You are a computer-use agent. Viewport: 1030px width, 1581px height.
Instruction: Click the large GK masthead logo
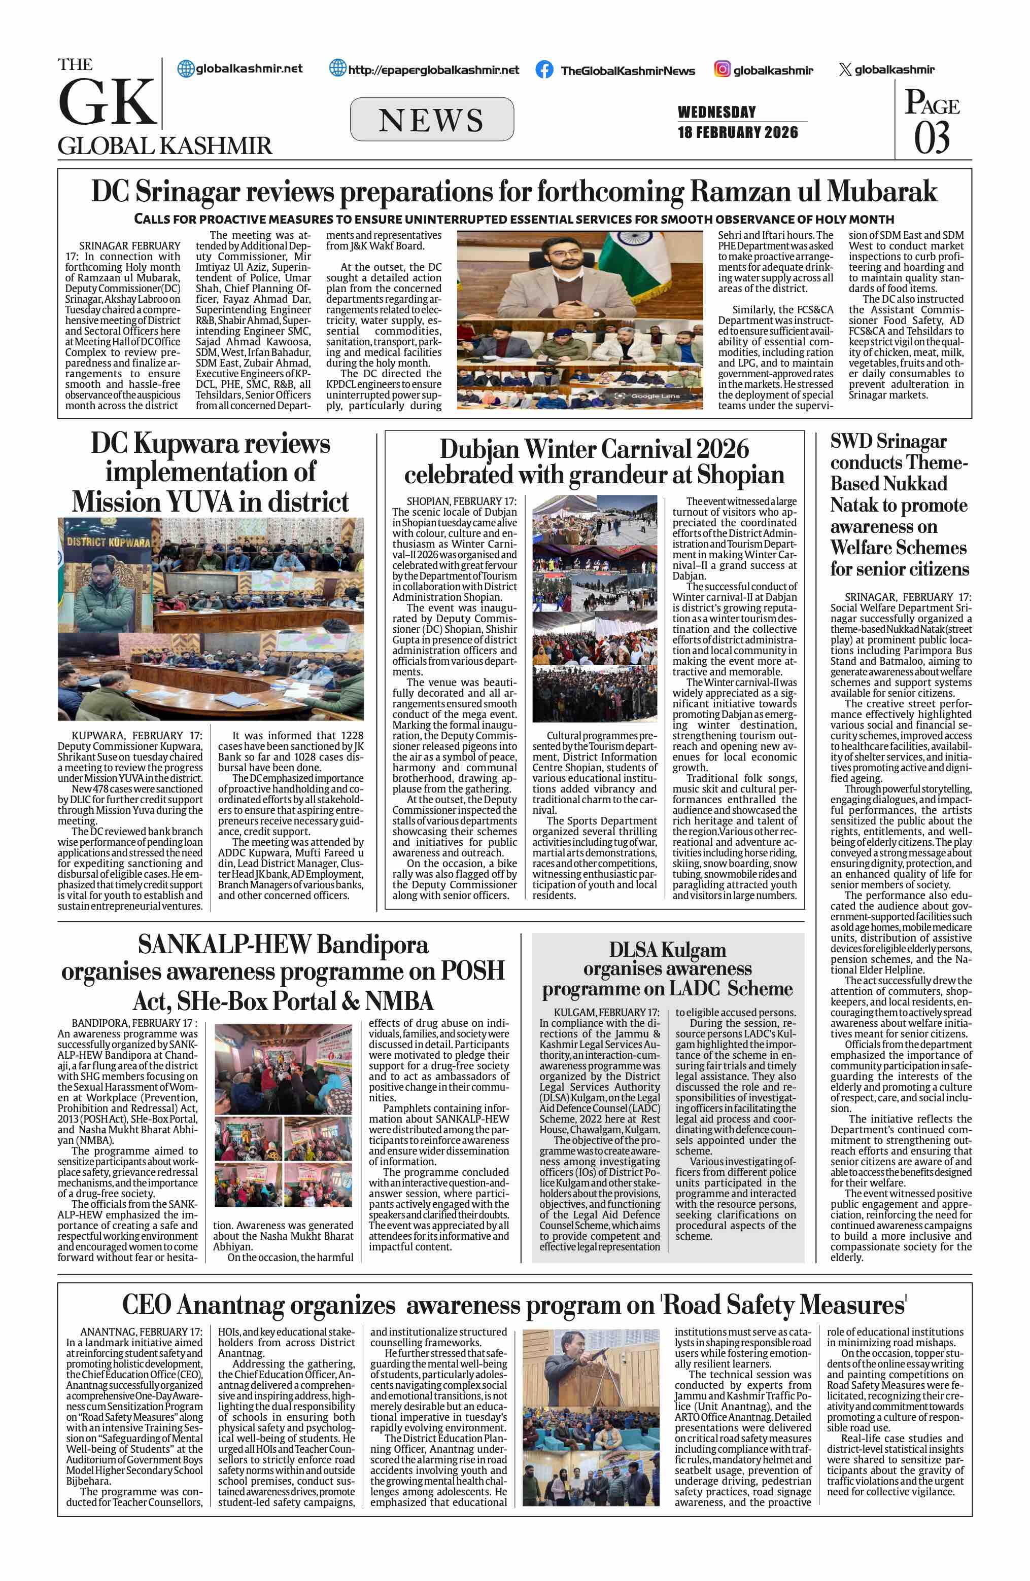[108, 102]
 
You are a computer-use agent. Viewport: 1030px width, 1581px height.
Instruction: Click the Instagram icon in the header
[723, 69]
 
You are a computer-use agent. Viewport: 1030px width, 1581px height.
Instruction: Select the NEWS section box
[431, 120]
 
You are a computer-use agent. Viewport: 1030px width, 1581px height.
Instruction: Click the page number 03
[932, 138]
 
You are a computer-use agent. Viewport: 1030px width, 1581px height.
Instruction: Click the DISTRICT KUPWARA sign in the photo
[108, 542]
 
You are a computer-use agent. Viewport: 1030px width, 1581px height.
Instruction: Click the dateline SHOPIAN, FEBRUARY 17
[461, 501]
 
